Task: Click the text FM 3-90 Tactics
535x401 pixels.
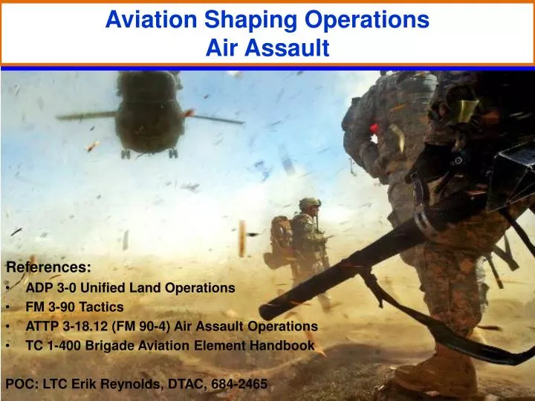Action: coord(74,306)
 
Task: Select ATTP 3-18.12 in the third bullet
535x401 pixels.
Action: coord(64,326)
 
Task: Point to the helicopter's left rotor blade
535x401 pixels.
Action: coord(86,117)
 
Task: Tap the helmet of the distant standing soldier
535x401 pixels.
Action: coord(310,203)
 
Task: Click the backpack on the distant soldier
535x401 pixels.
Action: coord(281,236)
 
